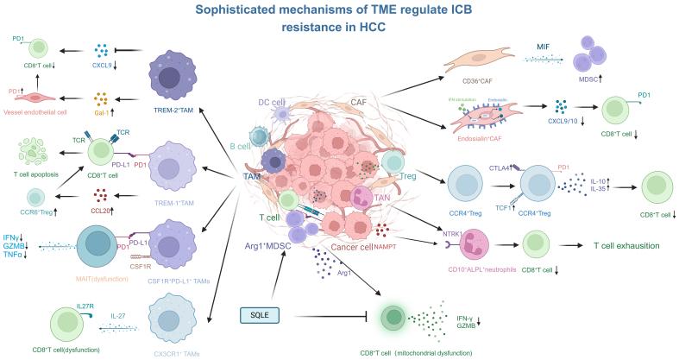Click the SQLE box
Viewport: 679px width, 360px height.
point(261,314)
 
